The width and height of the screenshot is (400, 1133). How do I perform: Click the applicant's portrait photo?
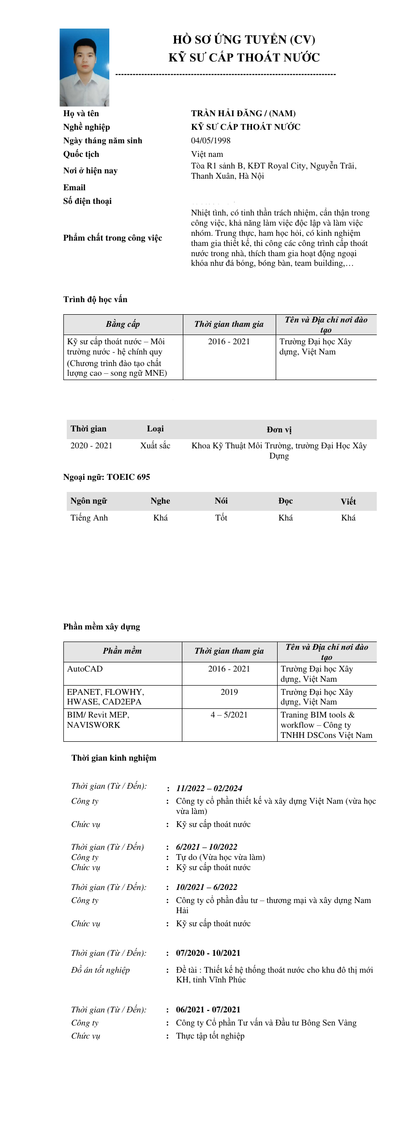[84, 67]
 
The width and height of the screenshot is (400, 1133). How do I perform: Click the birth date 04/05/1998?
[210, 140]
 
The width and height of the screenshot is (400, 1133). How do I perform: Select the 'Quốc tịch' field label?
[81, 154]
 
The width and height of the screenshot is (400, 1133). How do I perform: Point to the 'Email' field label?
[74, 187]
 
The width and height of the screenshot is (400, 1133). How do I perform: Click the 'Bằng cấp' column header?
[123, 324]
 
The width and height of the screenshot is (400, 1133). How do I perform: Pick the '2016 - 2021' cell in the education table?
[229, 341]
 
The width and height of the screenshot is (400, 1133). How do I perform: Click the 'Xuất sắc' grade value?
[155, 445]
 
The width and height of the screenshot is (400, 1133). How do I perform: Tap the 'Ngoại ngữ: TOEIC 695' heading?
[106, 477]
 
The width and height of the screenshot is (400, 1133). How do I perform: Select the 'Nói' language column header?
[221, 501]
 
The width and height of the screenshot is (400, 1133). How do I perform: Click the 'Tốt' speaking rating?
[221, 518]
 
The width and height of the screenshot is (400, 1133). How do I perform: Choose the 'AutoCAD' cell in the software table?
[85, 669]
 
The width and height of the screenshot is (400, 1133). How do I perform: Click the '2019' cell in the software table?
[229, 692]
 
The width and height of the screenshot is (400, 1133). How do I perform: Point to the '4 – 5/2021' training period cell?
[229, 715]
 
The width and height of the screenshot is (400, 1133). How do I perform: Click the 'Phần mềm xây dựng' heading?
[102, 627]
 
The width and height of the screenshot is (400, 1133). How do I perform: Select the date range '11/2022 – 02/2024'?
[209, 788]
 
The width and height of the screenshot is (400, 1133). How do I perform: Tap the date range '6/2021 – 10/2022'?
[207, 847]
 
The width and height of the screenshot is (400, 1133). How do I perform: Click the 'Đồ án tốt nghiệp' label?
[100, 970]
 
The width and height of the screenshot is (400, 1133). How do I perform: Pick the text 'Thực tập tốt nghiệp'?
[210, 1036]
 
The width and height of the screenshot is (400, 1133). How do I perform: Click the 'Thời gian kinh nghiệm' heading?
[114, 758]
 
